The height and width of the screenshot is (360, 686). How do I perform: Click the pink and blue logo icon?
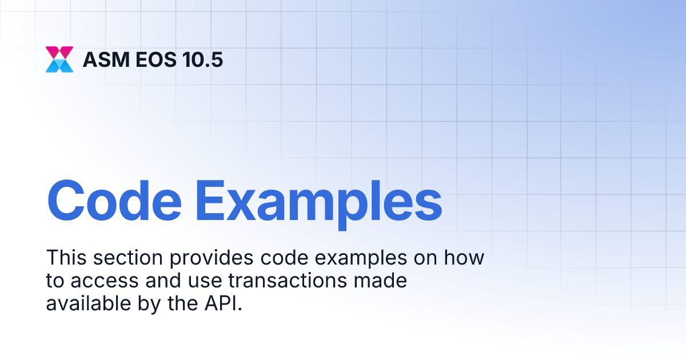59,59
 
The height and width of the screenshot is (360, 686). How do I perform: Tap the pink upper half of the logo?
59,52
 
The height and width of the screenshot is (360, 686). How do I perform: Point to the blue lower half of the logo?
59,66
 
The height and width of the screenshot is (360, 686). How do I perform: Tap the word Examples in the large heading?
319,202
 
